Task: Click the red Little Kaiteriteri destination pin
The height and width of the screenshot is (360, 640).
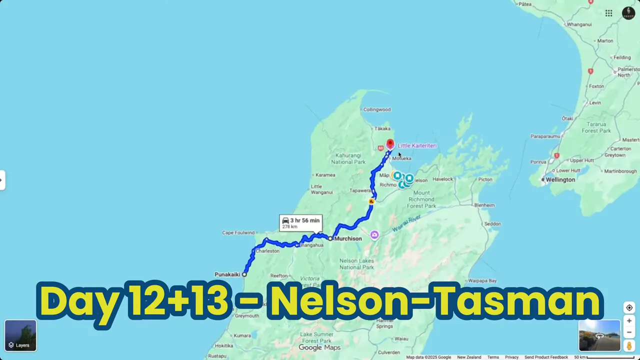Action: point(390,144)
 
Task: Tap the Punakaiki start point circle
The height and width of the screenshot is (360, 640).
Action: point(244,274)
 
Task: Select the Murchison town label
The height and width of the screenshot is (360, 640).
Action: point(347,239)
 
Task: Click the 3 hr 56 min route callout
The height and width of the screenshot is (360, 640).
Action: point(300,222)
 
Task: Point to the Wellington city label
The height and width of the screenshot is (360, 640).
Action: point(560,179)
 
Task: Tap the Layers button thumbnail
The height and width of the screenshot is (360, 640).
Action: point(20,335)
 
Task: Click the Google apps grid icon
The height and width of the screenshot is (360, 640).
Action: point(608,13)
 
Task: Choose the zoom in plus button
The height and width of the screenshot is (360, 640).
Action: point(629,321)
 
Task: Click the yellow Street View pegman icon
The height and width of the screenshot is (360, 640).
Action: point(629,345)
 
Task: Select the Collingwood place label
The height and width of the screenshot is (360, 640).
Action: point(376,109)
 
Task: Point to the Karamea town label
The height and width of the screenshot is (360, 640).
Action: point(325,175)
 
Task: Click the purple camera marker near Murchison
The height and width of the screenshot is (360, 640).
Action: point(374,235)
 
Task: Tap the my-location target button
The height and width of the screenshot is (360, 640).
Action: point(629,307)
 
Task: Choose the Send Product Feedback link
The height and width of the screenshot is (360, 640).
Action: point(546,357)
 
